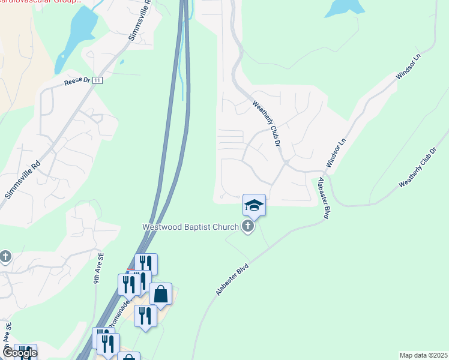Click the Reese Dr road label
[x=77, y=82]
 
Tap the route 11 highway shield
[x=98, y=80]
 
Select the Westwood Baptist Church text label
[x=190, y=227]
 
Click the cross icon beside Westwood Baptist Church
[x=247, y=226]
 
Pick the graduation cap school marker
[x=254, y=205]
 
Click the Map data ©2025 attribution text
[x=423, y=355]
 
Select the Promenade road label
[x=124, y=314]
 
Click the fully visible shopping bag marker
[x=160, y=294]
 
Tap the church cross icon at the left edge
[x=5, y=257]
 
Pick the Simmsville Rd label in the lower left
[x=23, y=179]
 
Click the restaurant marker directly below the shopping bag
[x=145, y=316]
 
